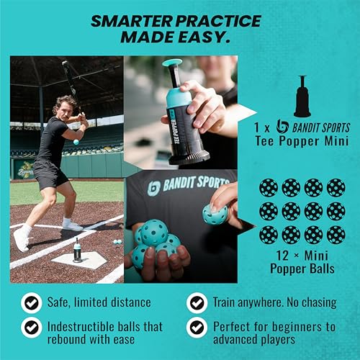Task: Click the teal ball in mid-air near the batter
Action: (76, 142)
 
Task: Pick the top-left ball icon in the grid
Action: (268, 188)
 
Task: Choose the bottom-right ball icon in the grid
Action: (335, 234)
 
